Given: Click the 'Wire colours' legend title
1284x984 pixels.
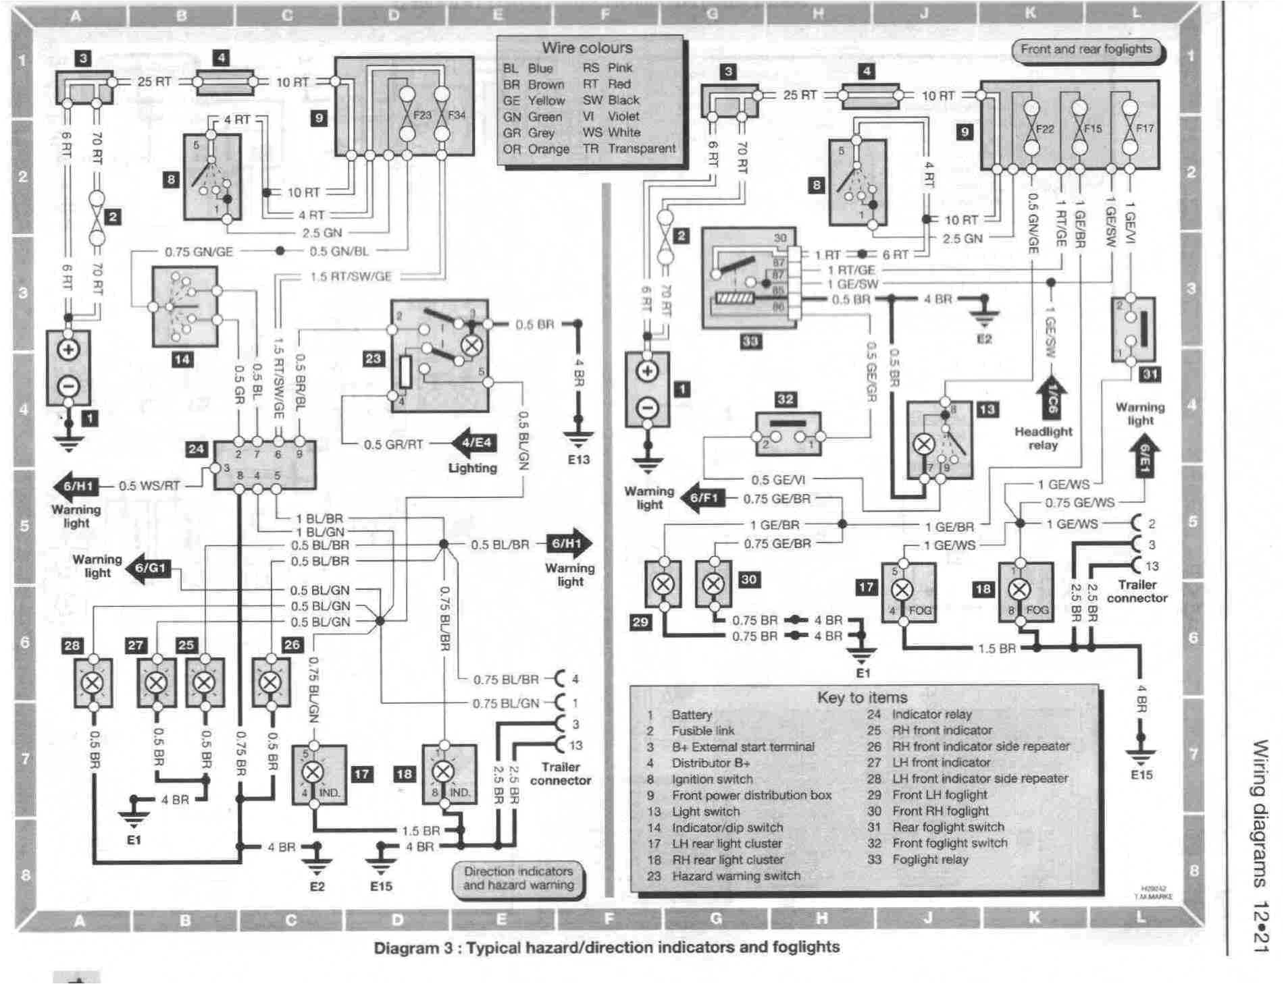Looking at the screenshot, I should coord(587,48).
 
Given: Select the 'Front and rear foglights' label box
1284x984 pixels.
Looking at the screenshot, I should coord(1086,49).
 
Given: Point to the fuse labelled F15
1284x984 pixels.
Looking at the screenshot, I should coord(1080,128).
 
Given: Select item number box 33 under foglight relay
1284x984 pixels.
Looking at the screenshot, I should coord(750,341).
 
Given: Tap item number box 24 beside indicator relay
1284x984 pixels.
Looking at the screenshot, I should coord(197,449).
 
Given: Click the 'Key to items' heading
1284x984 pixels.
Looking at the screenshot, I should coord(862,697).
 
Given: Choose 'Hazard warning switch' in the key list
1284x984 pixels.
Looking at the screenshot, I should coord(736,876).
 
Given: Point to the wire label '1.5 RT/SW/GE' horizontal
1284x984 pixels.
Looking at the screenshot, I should coord(351,276).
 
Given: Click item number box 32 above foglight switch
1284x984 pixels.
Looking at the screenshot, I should coord(785,399).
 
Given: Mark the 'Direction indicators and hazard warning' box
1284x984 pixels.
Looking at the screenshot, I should coord(518,878).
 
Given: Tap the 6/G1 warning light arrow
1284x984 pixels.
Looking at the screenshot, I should coord(149,568).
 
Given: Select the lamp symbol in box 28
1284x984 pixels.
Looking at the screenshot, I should coord(92,682).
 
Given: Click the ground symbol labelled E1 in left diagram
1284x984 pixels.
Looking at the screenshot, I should coord(133,819).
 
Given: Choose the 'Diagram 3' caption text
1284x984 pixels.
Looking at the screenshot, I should coord(607,948).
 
